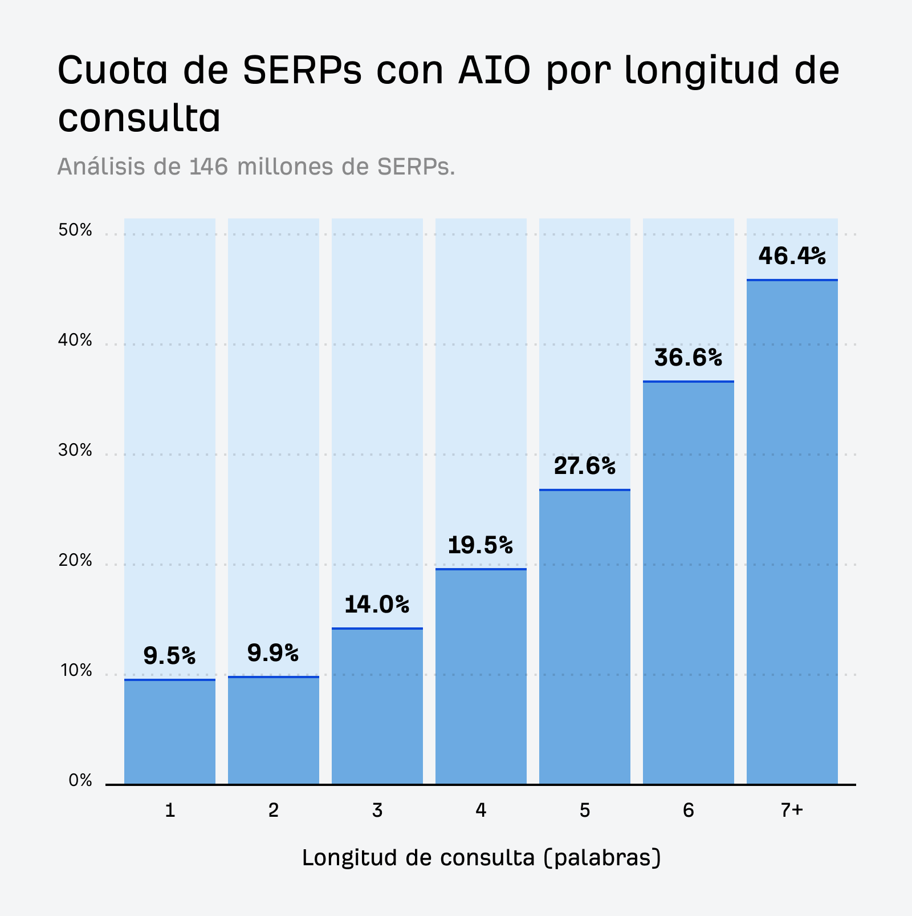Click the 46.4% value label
792,256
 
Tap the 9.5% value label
169,656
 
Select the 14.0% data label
377,605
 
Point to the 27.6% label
585,467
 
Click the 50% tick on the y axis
75,230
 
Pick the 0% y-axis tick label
80,780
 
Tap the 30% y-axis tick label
75,451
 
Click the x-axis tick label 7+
792,810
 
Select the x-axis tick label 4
481,810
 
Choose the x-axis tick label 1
170,810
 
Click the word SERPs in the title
302,71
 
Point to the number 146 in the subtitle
209,167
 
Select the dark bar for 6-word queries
689,582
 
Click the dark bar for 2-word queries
274,730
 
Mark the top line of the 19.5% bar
481,569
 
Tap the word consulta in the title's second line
139,119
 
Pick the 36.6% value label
688,358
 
